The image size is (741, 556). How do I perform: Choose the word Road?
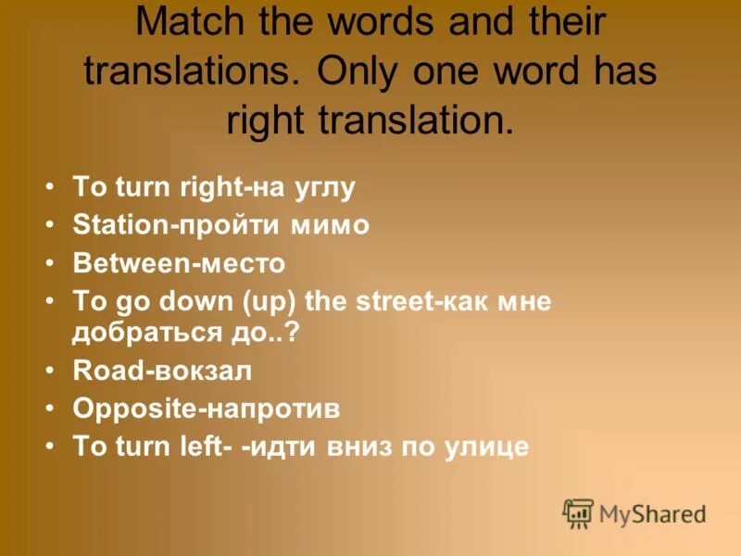pos(98,370)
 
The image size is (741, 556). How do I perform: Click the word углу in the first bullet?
pos(323,188)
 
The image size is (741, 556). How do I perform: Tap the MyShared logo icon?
pos(578,512)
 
